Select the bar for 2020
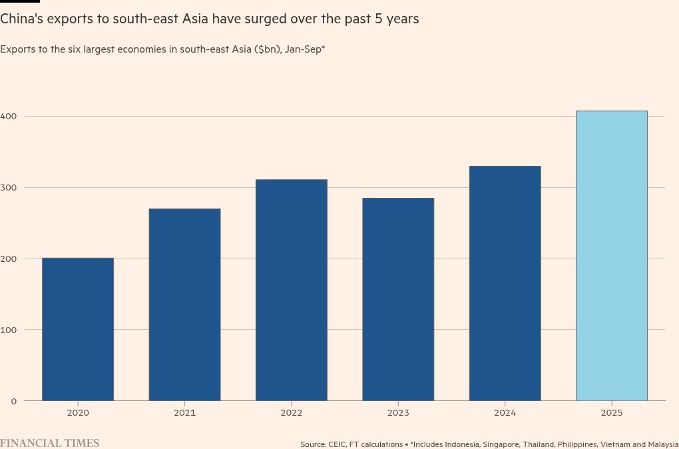(x=78, y=329)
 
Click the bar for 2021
(x=184, y=304)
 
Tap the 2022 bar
(x=292, y=290)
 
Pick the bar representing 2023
(x=398, y=299)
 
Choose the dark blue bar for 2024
(x=505, y=283)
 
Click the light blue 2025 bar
(x=611, y=256)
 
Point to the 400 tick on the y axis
(x=9, y=117)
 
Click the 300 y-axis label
(x=9, y=188)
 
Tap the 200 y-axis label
(x=9, y=258)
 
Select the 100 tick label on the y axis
(x=9, y=330)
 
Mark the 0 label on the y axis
(x=13, y=401)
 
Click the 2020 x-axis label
(x=78, y=413)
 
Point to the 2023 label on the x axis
(x=398, y=413)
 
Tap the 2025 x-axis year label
(x=611, y=413)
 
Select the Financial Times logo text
(x=50, y=443)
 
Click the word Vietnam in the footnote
(x=613, y=444)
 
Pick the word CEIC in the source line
(x=337, y=444)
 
